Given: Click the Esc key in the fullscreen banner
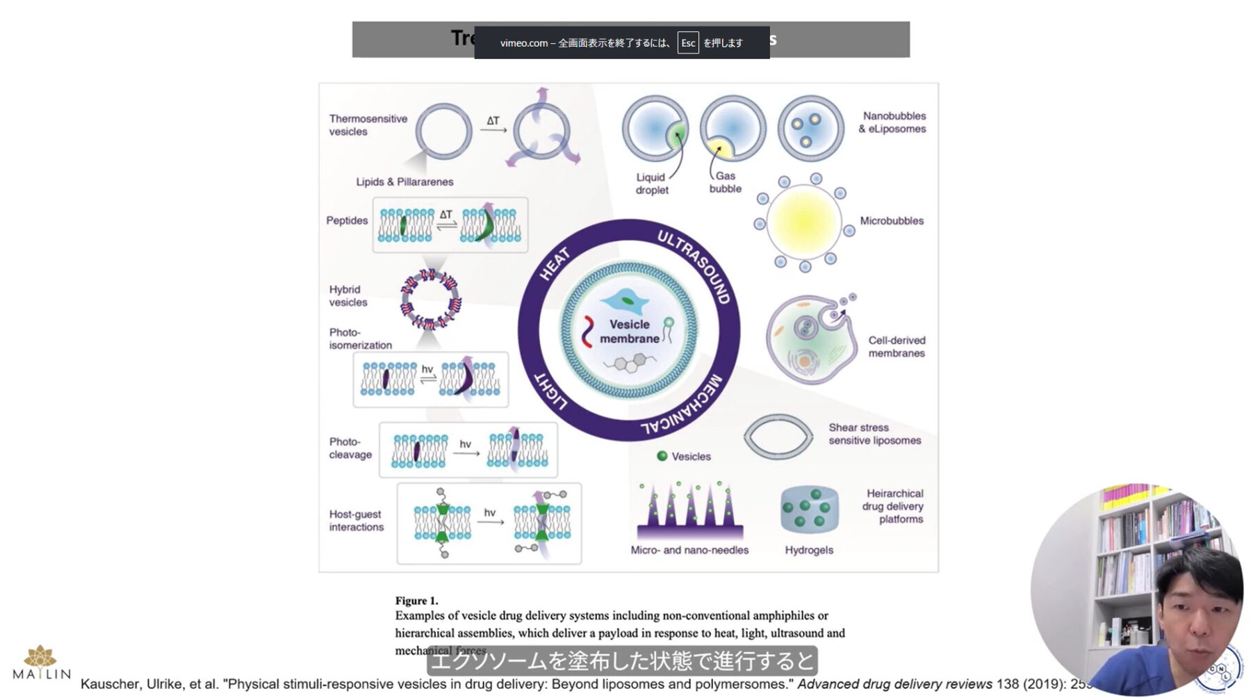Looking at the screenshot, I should (688, 43).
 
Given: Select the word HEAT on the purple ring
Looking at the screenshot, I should (555, 264).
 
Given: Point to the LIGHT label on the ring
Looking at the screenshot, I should (550, 391).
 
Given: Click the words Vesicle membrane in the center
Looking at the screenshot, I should (630, 332).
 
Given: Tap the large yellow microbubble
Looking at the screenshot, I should (804, 222).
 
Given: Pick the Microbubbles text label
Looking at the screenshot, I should (892, 221).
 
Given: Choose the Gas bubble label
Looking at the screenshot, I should (726, 182).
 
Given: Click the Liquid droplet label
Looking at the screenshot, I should (651, 184).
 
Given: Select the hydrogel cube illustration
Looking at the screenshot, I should (809, 510).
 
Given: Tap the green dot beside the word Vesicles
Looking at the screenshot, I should (662, 456).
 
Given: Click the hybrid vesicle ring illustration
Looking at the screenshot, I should (431, 300).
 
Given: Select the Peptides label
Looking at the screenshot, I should (347, 220).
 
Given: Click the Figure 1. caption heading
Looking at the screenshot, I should (416, 601).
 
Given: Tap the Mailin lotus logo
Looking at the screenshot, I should (40, 657).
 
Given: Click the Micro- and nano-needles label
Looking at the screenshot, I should (689, 550).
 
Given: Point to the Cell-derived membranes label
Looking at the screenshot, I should (897, 346).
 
